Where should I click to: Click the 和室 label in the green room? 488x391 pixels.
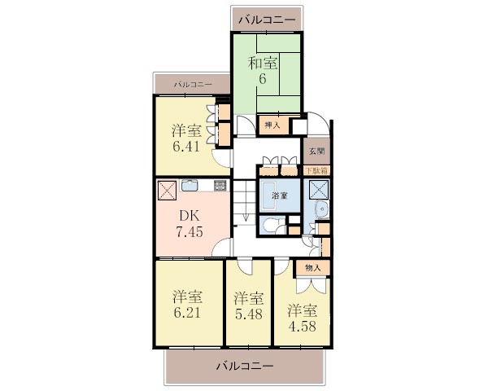coord(263,64)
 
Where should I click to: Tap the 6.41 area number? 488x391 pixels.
coord(186,147)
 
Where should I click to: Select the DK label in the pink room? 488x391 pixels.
coord(189,216)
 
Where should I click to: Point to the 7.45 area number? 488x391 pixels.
coord(190,231)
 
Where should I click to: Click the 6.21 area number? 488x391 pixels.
coord(187,313)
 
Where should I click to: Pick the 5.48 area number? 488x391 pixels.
coord(249,314)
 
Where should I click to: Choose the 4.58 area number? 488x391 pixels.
coord(303,327)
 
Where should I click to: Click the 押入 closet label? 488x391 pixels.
coord(272,125)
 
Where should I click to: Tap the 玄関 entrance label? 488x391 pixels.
coord(317,152)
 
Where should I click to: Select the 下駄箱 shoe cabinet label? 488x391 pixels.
coord(316,171)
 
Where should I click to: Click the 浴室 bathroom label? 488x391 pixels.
coord(280,195)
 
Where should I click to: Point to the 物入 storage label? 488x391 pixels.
coord(313,268)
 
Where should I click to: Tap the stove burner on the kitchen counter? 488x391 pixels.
coord(220,185)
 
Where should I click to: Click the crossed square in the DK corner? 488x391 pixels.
coord(168,191)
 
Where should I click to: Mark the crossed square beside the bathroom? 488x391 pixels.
coord(318,190)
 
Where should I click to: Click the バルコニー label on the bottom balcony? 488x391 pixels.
coord(245,365)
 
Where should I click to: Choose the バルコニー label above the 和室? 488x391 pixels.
coord(267,20)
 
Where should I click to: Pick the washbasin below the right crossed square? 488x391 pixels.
coord(320,209)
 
